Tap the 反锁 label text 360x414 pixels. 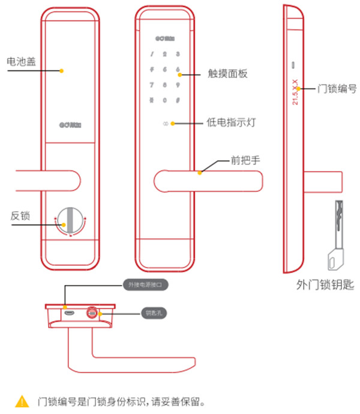20,215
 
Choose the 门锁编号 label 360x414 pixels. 338,88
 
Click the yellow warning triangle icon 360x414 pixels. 22,400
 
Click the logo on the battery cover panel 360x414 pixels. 70,125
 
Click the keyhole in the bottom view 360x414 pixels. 93,312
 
